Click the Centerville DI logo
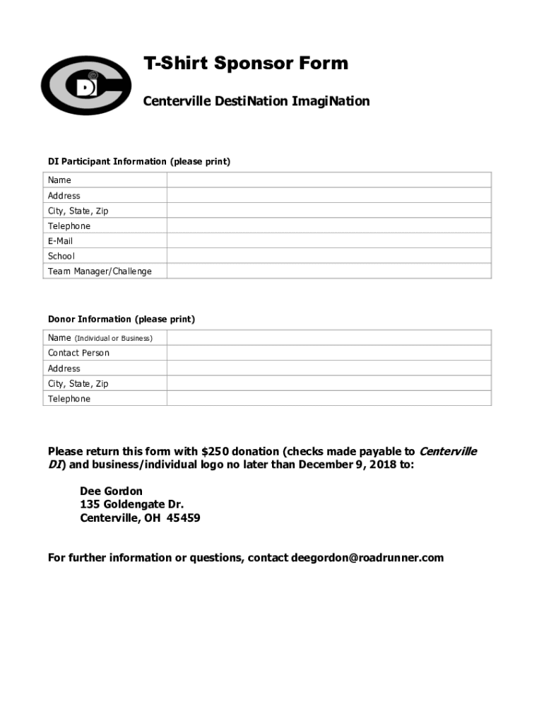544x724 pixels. point(85,85)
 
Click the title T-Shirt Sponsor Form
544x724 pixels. point(246,64)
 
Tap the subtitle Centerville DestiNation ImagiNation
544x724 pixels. point(256,101)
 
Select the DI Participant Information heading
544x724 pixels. point(139,162)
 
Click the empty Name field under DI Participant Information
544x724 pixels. point(329,180)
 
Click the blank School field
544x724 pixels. point(329,256)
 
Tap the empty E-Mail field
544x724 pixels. point(329,241)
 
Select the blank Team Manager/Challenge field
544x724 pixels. point(329,271)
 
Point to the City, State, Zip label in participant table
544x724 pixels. point(78,211)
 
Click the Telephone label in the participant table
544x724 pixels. point(69,226)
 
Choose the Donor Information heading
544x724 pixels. point(122,320)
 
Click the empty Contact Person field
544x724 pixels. point(329,353)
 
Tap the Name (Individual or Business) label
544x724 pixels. point(100,338)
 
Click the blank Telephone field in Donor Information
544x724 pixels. point(329,399)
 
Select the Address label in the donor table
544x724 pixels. point(64,368)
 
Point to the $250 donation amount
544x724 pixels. point(215,452)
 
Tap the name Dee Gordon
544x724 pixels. point(111,491)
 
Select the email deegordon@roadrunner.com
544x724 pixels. point(367,558)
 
